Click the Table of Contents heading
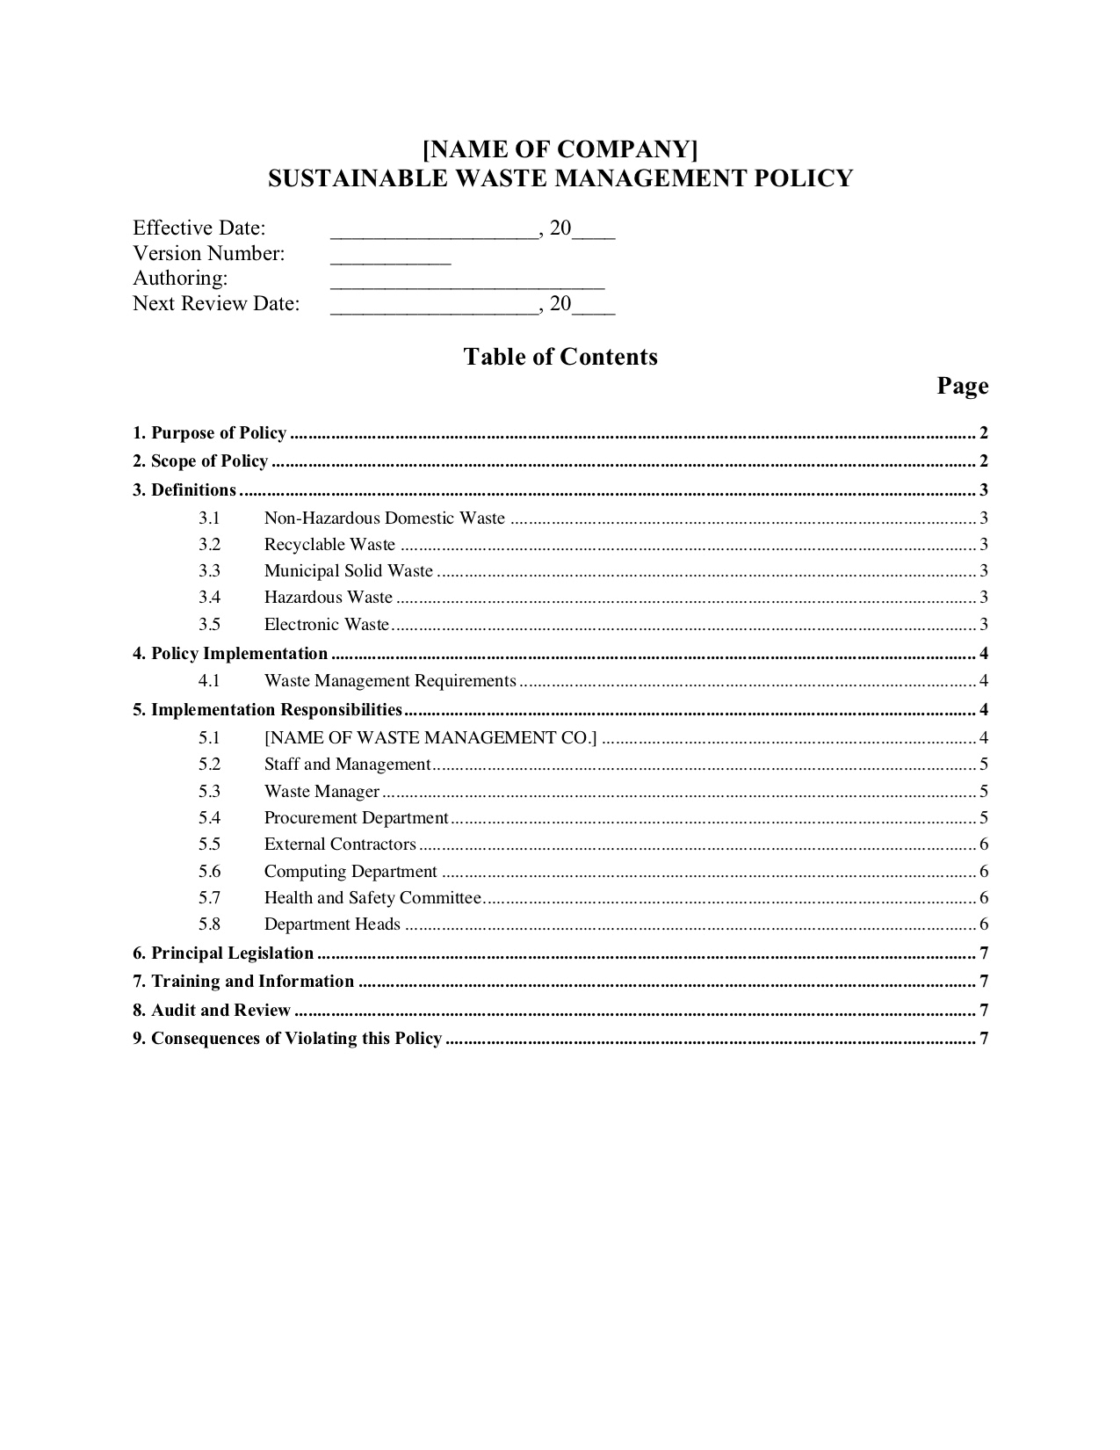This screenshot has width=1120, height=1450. coord(560,357)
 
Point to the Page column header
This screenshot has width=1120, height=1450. coord(962,386)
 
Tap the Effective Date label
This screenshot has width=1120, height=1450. coord(199,228)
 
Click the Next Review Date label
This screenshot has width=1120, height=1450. coord(216,304)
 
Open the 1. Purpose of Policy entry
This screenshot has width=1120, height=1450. coord(210,433)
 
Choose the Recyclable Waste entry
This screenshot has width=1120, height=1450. coord(329,545)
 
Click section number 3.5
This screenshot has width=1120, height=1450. coord(209,625)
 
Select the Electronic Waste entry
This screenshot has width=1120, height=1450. coord(326,625)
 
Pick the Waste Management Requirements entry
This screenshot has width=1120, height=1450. coord(390,681)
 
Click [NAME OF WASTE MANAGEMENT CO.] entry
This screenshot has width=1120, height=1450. coord(430,737)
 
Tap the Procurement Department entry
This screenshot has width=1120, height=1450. coord(356,818)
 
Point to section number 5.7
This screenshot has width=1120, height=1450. coord(209,898)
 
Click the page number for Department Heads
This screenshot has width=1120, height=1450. coord(984,924)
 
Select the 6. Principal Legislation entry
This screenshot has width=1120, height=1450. coord(223,953)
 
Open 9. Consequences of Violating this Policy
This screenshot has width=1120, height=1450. coord(287,1039)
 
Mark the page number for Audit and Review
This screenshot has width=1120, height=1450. coord(984,1011)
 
